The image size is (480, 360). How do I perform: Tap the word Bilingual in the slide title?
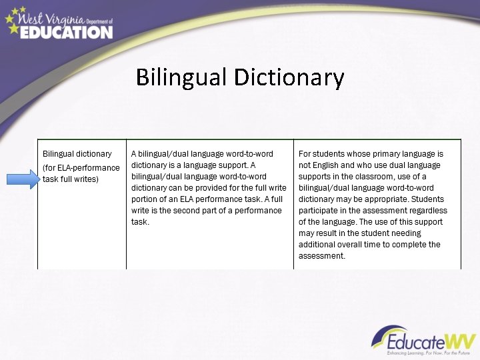pyautogui.click(x=181, y=77)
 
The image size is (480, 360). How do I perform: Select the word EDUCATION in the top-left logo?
pyautogui.click(x=66, y=31)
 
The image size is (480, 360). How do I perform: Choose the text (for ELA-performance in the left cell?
pyautogui.click(x=81, y=167)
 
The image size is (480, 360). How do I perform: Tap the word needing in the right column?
pyautogui.click(x=407, y=233)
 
